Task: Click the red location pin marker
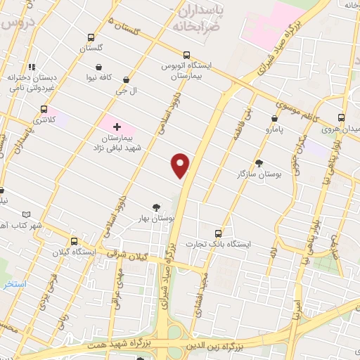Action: point(181,165)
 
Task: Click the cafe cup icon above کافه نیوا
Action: point(98,68)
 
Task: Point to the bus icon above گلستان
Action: point(90,37)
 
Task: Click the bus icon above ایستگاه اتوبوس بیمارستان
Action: point(186,55)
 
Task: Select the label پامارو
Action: point(272,130)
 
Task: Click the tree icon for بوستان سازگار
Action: point(259,162)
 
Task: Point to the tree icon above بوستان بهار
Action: point(155,207)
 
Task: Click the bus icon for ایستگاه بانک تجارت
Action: point(218,233)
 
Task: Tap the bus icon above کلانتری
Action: point(44,110)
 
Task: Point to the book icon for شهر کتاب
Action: point(26,214)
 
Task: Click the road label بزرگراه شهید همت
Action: point(112,346)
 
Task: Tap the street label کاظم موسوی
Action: point(292,111)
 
